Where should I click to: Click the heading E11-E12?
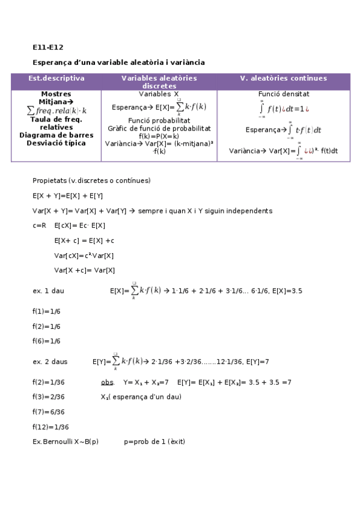(x=47, y=48)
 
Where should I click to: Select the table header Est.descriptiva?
(x=56, y=78)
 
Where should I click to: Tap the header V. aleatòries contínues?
(x=283, y=78)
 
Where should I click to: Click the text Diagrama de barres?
(x=56, y=135)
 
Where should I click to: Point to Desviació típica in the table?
(x=56, y=143)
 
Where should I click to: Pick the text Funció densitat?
(x=284, y=94)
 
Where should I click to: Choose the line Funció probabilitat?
(x=159, y=120)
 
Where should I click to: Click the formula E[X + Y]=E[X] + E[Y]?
(x=68, y=196)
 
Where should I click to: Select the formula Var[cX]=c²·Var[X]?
(x=84, y=256)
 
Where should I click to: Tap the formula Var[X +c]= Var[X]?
(x=84, y=270)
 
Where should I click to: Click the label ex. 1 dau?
(x=48, y=291)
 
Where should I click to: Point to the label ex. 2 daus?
(x=50, y=361)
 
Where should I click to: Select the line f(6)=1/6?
(x=46, y=341)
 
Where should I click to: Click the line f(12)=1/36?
(x=50, y=427)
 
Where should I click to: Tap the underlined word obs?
(x=107, y=382)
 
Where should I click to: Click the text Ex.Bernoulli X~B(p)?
(x=66, y=442)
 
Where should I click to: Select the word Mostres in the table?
(x=56, y=94)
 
